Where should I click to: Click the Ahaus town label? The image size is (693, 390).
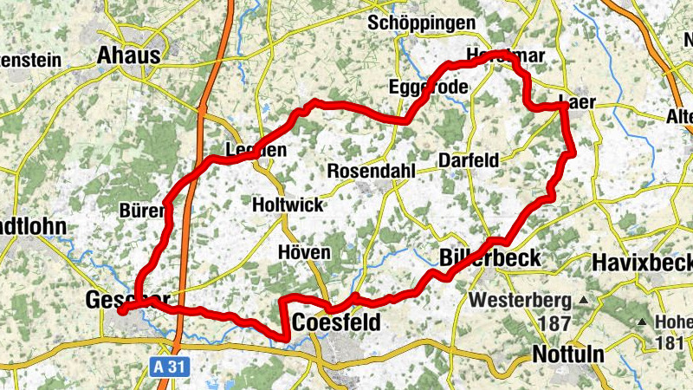tap(129, 55)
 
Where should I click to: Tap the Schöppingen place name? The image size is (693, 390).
tap(422, 23)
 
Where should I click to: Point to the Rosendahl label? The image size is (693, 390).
tap(372, 171)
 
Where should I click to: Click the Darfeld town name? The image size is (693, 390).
tap(469, 160)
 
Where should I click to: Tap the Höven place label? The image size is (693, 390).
tap(304, 252)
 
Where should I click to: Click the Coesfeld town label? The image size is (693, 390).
tap(336, 322)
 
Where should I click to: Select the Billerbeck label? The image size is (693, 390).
tap(489, 258)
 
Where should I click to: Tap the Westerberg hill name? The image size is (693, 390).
tap(520, 302)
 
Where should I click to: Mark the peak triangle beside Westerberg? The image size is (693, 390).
tap(584, 301)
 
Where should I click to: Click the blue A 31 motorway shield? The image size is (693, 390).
tap(171, 367)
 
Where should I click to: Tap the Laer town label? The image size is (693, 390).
tap(579, 101)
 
